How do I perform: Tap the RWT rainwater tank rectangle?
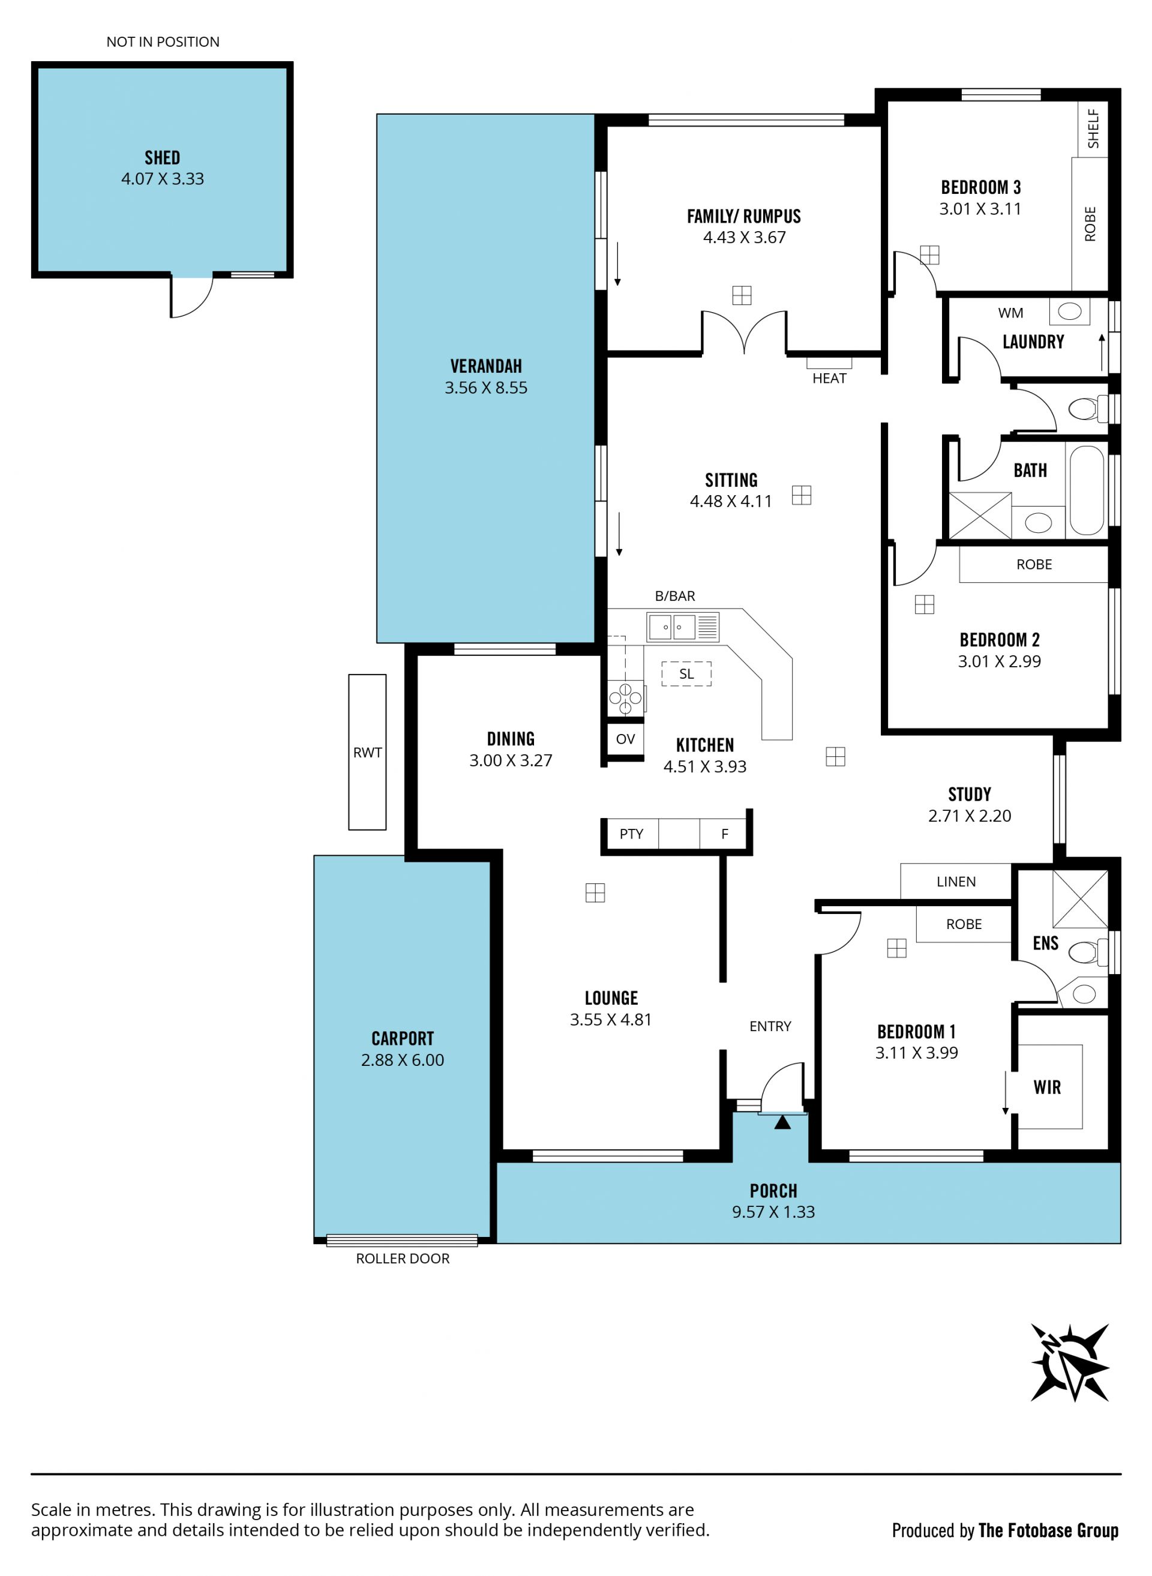tap(367, 752)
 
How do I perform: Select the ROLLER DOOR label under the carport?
tap(403, 1258)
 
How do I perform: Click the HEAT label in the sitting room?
tap(829, 378)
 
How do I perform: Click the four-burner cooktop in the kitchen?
tap(626, 697)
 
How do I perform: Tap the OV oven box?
tap(626, 739)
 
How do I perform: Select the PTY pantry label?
tap(631, 834)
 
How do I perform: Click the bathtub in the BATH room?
tap(1087, 490)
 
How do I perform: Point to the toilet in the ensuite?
tap(1088, 951)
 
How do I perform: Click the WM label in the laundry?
tap(1010, 313)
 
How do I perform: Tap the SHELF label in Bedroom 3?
tap(1093, 129)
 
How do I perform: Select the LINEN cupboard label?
tap(956, 882)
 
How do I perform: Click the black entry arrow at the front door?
tap(782, 1122)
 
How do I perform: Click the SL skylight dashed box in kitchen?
tap(686, 673)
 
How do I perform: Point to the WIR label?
tap(1047, 1087)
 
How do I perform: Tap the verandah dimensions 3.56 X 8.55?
tap(486, 388)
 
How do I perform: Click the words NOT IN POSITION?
tap(163, 42)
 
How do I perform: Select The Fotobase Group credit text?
tap(1048, 1530)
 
